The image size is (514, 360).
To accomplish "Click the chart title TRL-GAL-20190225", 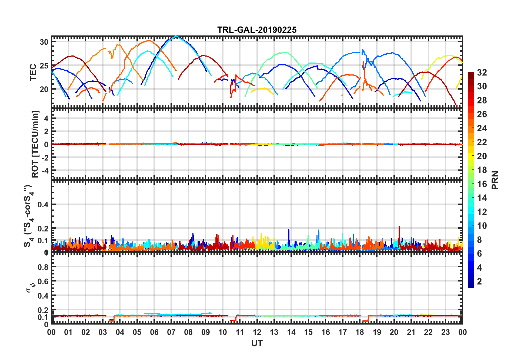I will tap(257, 30).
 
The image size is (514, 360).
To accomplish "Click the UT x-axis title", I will tap(257, 343).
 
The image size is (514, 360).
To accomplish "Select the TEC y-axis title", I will tap(33, 72).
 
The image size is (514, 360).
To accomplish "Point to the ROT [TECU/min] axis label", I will tap(35, 144).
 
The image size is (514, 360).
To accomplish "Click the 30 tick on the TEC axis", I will tap(44, 42).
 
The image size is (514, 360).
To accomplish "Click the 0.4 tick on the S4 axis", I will tap(43, 205).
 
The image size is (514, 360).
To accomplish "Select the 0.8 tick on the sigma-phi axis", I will tap(43, 267).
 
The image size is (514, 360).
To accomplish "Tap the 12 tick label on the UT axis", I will tap(257, 332).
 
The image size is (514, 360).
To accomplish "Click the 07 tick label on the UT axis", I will tap(171, 332).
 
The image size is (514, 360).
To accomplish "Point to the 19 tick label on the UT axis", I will tap(377, 332).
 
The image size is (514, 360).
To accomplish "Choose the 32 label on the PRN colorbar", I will tap(482, 73).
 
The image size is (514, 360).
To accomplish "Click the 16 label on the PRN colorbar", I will tap(482, 184).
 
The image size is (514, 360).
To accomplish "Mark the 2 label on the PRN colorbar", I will tap(479, 282).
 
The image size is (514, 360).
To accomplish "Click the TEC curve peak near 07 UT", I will tap(176, 36).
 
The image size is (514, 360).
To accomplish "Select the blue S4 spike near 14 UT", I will tap(289, 230).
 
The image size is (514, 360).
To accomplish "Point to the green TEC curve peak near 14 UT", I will tap(286, 52).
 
